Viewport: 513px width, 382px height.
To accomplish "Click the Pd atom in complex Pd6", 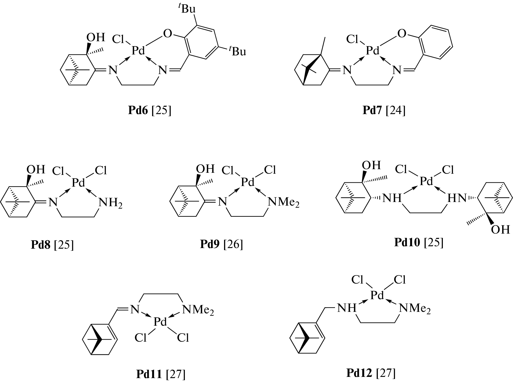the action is [138, 51].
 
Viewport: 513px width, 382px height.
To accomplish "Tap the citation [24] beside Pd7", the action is [395, 111].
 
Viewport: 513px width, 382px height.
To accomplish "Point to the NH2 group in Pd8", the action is [111, 202].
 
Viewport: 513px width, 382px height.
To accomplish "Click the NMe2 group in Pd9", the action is [284, 202].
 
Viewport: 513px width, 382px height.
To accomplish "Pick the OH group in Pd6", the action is [96, 37].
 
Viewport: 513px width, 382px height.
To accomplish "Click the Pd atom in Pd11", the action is [160, 322].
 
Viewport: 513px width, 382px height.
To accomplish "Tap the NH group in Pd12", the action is [347, 308].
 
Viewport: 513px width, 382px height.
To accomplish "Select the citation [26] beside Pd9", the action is [233, 244].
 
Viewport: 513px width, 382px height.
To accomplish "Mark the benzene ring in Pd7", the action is [435, 42].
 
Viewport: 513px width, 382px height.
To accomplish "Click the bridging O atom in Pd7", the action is [402, 34].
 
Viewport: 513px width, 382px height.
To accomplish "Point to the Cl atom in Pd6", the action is [119, 39].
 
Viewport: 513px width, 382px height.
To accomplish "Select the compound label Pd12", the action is [359, 373].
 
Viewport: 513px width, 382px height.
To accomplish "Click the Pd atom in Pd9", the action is [248, 182].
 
